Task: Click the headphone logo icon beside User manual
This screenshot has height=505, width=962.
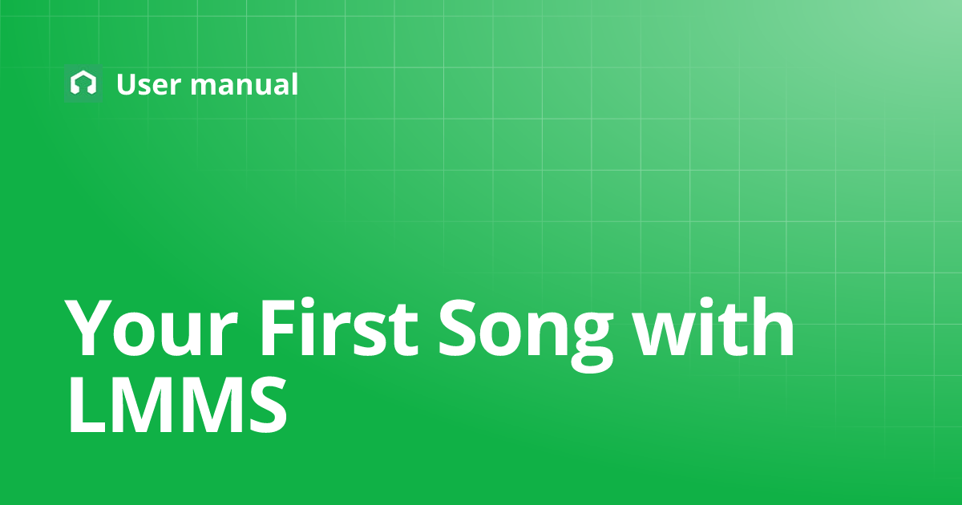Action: tap(83, 83)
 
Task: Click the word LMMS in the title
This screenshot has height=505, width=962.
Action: tap(176, 406)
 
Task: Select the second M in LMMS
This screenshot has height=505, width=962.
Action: tap(205, 406)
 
